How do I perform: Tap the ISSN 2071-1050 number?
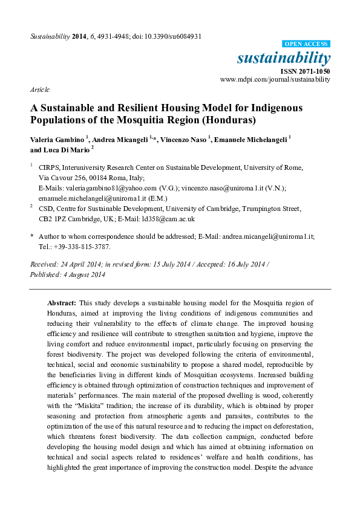[x=309, y=71]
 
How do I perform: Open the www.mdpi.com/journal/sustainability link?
[x=275, y=79]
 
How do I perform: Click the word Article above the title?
[x=40, y=89]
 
